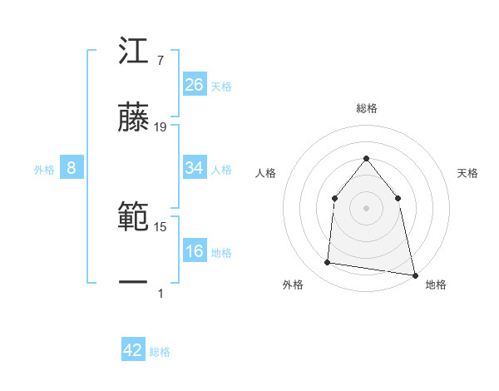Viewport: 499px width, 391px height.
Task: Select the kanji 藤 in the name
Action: [x=134, y=117]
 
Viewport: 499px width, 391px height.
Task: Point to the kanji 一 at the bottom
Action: [x=134, y=283]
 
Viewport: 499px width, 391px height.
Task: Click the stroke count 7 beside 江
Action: [x=160, y=60]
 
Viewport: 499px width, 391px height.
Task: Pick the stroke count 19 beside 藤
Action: [x=161, y=126]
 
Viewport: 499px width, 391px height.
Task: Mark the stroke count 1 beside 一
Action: [x=161, y=293]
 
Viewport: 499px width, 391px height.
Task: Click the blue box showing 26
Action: [x=195, y=84]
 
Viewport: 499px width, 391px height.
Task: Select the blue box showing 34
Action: [x=195, y=168]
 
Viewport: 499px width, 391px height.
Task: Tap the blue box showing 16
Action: [x=195, y=251]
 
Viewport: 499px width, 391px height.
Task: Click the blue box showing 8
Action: [x=72, y=168]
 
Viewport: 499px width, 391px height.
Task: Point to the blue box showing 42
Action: [x=133, y=350]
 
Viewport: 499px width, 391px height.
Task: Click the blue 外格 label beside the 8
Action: [x=44, y=169]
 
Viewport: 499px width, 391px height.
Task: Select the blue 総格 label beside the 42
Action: [x=160, y=352]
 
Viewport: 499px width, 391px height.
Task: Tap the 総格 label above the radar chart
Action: [x=366, y=109]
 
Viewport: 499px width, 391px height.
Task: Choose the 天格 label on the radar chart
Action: [x=467, y=173]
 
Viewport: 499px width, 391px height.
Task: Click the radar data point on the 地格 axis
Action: [x=414, y=274]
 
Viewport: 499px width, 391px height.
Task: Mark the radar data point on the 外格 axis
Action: [x=328, y=263]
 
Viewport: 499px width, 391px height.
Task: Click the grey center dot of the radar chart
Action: [x=366, y=208]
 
